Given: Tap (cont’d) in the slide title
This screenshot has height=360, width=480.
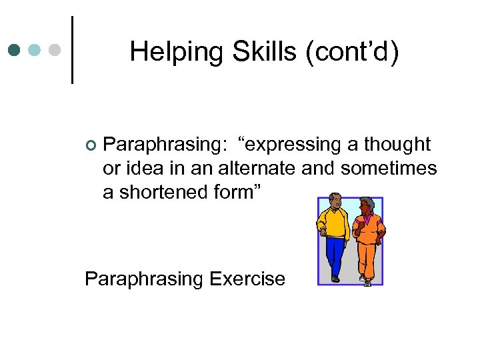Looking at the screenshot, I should (353, 52).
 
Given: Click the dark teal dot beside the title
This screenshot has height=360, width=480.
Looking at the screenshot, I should (15, 50).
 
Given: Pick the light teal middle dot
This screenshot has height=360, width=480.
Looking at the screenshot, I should (35, 50).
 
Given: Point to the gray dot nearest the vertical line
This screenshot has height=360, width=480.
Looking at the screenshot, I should (56, 50).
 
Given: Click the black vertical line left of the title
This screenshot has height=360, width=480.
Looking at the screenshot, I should (72, 50).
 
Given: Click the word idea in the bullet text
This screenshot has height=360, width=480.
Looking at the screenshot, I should (146, 168).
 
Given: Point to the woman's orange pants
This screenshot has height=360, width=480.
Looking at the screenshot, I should (367, 257).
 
